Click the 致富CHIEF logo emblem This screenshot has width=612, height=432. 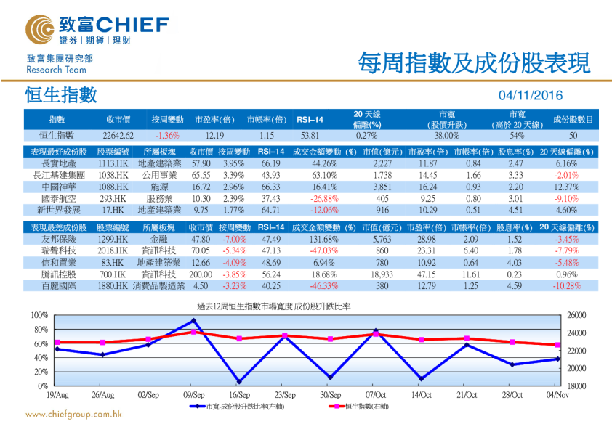click(x=41, y=27)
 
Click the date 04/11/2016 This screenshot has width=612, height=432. click(x=530, y=96)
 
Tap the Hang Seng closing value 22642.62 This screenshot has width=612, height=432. click(x=118, y=136)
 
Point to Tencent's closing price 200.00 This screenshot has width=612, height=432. click(x=200, y=275)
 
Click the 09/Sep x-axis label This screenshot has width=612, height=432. click(x=193, y=395)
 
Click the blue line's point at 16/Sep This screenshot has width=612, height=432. click(x=238, y=381)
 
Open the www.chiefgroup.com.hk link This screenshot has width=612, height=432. click(x=73, y=415)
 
